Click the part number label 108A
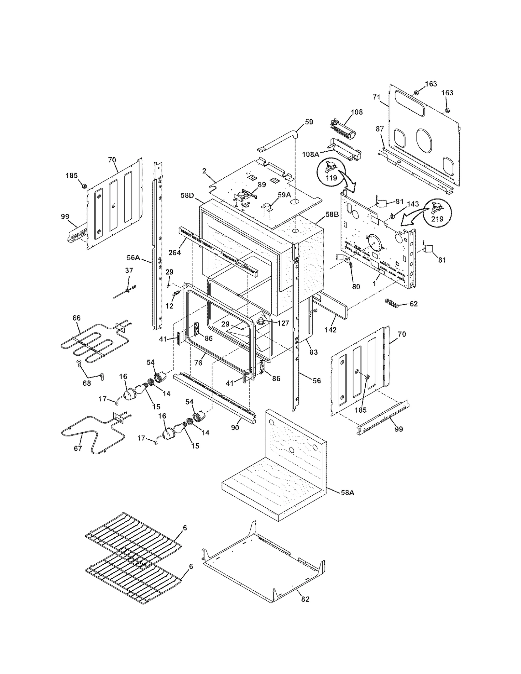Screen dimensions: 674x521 tap(310, 154)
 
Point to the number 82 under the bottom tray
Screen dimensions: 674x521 tap(305, 599)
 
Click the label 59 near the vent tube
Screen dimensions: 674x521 tap(309, 122)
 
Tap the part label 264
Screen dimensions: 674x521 tap(175, 252)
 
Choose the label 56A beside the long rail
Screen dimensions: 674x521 tap(133, 258)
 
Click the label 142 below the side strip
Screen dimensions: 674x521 tap(330, 330)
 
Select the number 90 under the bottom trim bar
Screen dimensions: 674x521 tap(235, 428)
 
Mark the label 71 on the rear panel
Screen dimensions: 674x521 tap(376, 97)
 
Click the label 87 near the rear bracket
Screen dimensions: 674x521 tap(380, 129)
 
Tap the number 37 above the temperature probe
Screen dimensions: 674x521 tap(129, 270)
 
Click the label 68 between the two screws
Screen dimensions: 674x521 tap(87, 383)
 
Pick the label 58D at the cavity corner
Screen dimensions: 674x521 tap(187, 195)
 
